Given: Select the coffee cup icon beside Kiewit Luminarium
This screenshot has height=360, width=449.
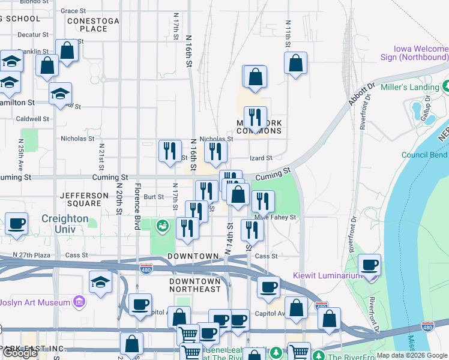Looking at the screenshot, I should point(370,265).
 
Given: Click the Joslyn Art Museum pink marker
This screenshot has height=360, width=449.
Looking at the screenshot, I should point(79,302).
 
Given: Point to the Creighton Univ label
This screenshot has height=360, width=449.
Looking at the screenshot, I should point(65,224).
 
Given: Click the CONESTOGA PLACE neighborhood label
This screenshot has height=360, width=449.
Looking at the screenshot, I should point(87,25).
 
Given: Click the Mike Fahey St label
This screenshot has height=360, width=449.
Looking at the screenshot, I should point(276,217).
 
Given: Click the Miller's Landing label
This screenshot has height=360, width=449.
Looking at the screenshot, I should point(416,88).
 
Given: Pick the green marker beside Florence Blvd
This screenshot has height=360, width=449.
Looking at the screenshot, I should point(161,226).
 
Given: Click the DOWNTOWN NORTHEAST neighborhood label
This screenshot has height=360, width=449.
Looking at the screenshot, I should point(195,285).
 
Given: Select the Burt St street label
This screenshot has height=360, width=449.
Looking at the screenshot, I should point(154,196).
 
